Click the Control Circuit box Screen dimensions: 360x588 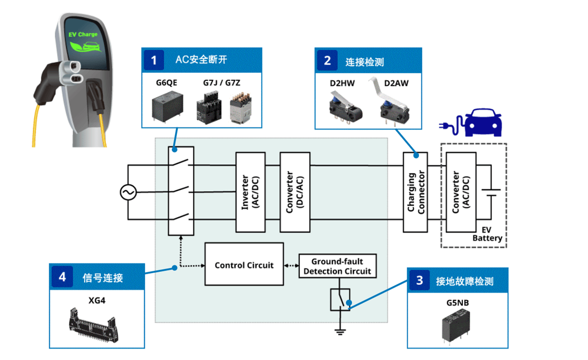click(244, 264)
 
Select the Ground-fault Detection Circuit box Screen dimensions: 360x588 click(338, 266)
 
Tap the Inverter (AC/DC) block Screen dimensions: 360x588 click(250, 192)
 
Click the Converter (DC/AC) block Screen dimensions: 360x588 click(295, 192)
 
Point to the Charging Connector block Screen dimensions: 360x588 click(415, 192)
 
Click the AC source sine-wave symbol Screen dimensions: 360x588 click(128, 192)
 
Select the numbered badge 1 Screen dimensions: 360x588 click(154, 61)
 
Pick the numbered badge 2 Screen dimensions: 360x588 click(327, 61)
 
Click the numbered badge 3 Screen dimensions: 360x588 click(419, 281)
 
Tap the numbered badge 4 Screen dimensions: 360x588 click(62, 277)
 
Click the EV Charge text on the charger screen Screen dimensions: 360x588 click(82, 35)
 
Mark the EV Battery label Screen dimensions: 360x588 click(487, 234)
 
